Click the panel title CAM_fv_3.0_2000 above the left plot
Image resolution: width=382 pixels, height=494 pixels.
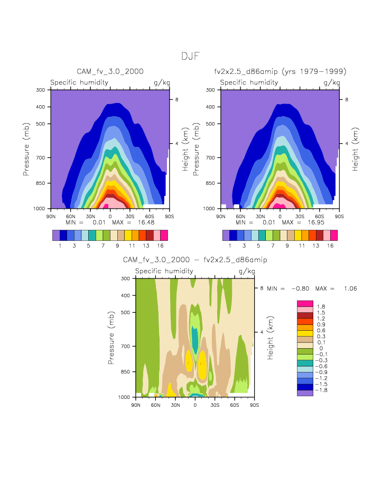point(110,71)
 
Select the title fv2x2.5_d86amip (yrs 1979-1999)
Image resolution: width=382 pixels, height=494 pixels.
point(280,71)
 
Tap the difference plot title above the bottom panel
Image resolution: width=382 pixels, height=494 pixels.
point(194,260)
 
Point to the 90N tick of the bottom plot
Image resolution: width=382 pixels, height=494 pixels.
point(136,405)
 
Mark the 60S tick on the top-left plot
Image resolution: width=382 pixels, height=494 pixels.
point(150,217)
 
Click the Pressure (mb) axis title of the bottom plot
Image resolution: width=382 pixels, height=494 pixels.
point(111,337)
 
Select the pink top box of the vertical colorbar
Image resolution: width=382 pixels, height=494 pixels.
point(305,303)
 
